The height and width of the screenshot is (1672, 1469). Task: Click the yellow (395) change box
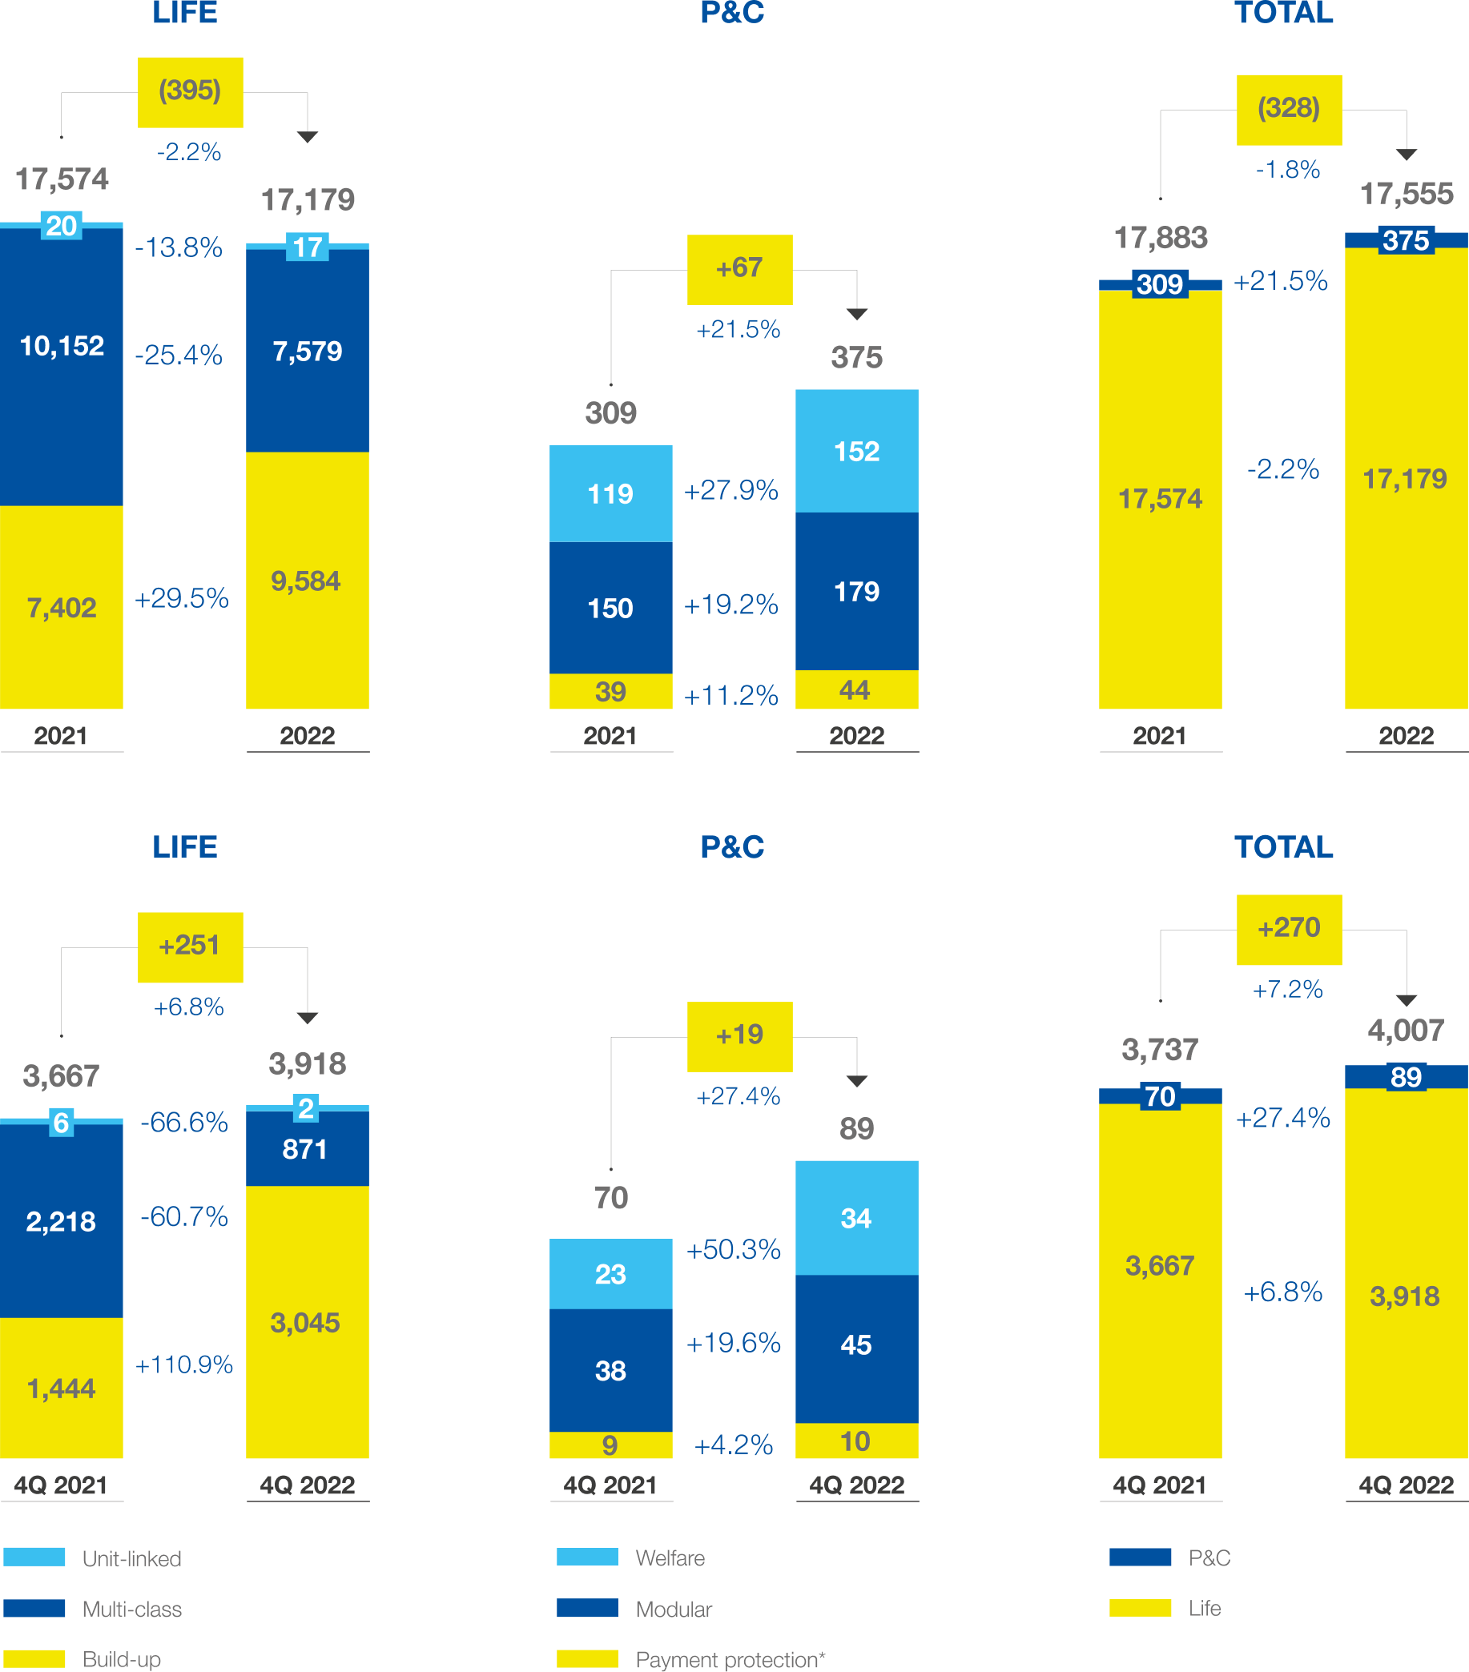coord(190,92)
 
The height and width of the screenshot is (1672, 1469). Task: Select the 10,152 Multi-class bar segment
coord(62,367)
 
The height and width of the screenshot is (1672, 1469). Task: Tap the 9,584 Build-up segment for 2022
coord(308,580)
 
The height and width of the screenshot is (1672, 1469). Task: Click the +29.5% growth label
coord(182,598)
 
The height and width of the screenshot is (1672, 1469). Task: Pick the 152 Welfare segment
coord(857,451)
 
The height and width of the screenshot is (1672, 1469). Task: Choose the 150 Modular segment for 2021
coord(610,608)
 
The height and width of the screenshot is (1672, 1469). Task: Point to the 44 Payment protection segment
coord(857,689)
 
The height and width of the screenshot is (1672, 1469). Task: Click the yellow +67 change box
coord(740,270)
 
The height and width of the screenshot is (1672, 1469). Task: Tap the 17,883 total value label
coord(1161,238)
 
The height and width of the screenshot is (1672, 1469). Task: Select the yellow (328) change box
coord(1289,111)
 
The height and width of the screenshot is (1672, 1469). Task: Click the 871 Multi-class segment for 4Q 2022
coord(308,1148)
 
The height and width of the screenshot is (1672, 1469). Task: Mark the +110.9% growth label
coord(184,1365)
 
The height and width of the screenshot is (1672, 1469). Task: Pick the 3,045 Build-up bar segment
coord(308,1322)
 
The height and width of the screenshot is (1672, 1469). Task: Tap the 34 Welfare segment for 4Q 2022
coord(857,1218)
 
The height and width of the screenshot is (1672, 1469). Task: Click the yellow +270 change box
coord(1289,930)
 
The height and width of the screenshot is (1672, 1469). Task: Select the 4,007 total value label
coord(1406,1031)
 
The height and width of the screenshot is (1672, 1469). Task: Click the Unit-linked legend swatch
coord(34,1557)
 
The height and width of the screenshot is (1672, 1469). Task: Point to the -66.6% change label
coord(184,1123)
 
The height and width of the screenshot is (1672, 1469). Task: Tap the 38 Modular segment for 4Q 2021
coord(610,1370)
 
